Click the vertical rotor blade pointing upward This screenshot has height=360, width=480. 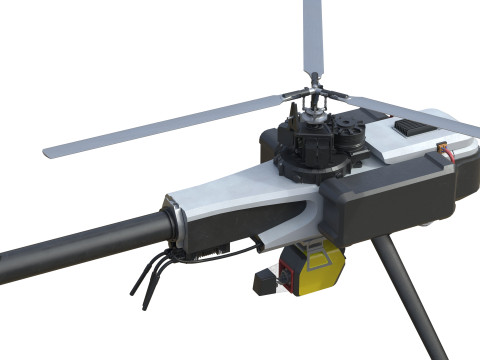click(x=313, y=40)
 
